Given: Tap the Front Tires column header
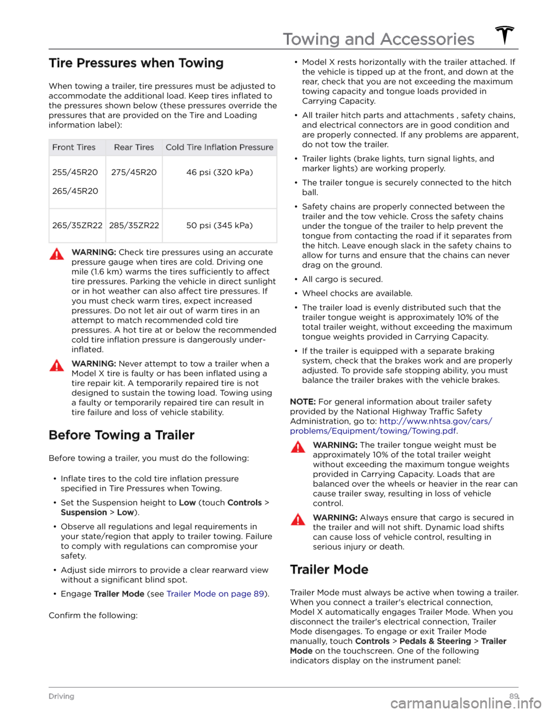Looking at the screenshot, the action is (74, 147).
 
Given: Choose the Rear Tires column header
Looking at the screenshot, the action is (134, 147).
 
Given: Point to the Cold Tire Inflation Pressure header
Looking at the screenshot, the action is (219, 147).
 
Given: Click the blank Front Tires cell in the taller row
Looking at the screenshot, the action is (77, 182).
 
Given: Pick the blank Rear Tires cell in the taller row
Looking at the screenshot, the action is (134, 182).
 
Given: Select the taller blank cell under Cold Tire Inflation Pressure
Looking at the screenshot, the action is (220, 182).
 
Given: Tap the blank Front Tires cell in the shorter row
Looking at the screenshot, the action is (77, 226).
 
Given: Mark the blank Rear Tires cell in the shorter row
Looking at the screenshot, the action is (134, 226).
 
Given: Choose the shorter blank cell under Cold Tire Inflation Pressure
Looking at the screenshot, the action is (220, 226).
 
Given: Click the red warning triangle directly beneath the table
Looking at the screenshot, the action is (57, 254).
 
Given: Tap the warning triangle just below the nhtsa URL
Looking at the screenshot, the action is (298, 447).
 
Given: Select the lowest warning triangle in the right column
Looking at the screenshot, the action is (298, 520).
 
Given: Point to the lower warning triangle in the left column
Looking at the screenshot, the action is (57, 365).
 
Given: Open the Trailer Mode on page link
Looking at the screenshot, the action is (215, 594).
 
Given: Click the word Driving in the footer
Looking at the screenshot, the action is (61, 696).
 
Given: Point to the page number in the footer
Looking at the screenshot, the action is (513, 696).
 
